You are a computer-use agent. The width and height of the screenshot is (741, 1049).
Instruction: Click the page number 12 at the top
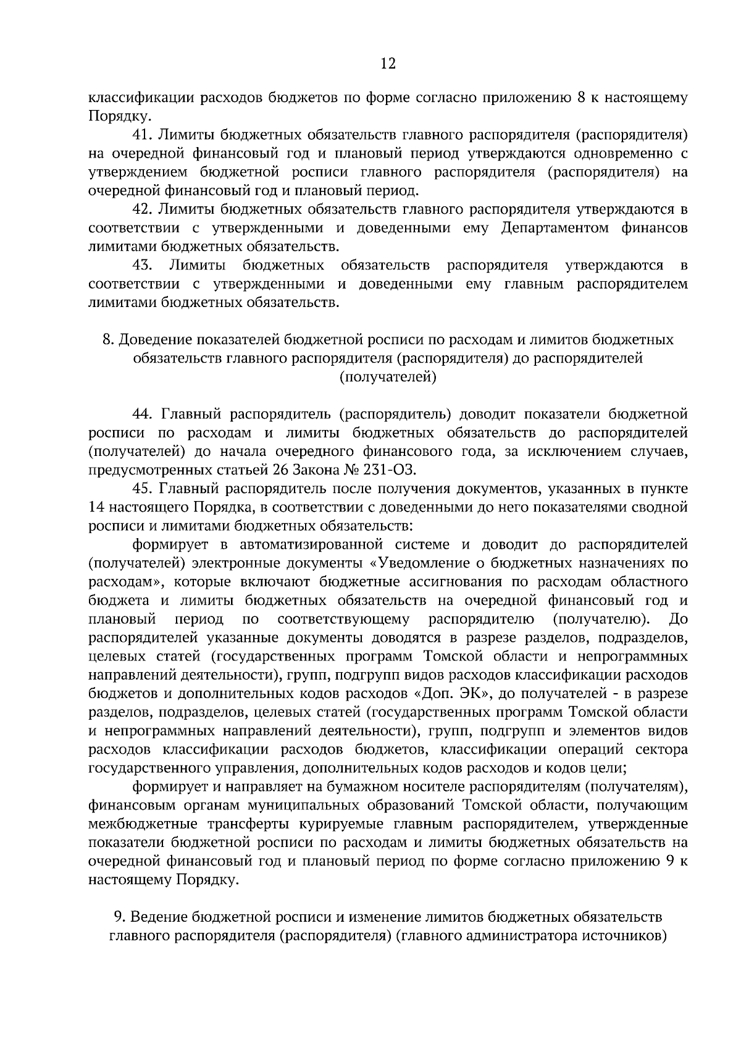[388, 64]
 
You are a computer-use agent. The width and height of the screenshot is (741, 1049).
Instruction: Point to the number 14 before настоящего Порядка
[96, 508]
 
